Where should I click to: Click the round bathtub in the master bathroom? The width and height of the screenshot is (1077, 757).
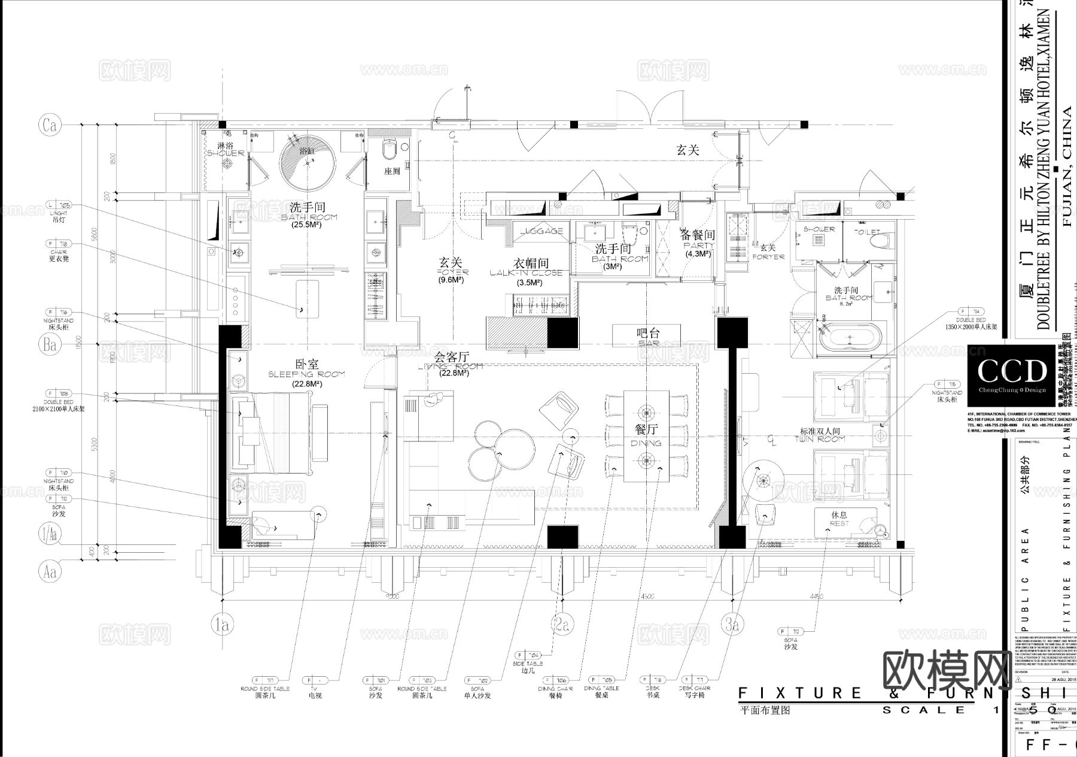point(308,162)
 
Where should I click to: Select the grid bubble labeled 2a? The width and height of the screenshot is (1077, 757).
point(560,626)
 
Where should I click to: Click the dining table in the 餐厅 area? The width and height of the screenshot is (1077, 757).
point(646,436)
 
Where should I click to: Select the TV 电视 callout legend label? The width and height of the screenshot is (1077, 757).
point(315,693)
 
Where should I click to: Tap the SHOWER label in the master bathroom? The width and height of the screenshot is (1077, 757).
point(226,150)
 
